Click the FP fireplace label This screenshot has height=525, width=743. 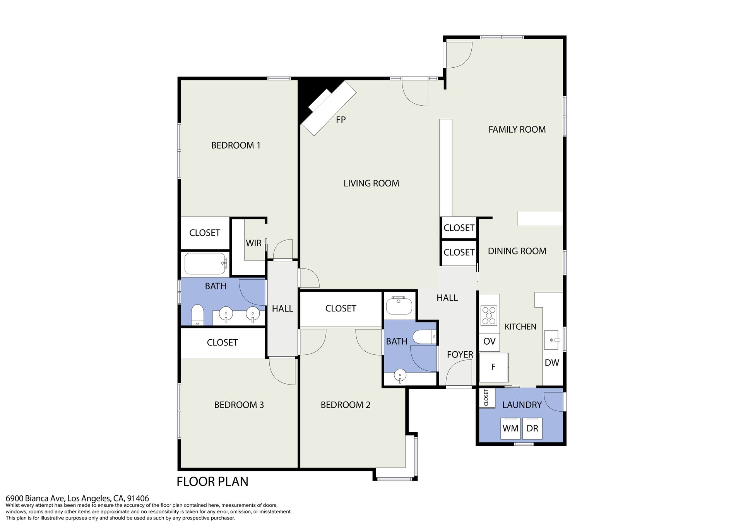(x=341, y=120)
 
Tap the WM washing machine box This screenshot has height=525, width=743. (x=510, y=428)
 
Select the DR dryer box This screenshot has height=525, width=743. (x=532, y=428)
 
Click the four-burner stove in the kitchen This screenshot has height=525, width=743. (x=489, y=315)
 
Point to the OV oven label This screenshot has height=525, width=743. (x=490, y=342)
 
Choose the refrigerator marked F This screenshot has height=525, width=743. (x=493, y=367)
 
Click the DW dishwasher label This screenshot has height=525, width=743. (x=552, y=363)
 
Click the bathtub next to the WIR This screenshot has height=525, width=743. (x=205, y=263)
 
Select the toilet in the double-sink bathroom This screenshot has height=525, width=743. (x=197, y=315)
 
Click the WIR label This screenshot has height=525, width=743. (x=253, y=243)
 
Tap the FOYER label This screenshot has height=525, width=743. (x=460, y=355)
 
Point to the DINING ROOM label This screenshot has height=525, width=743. (x=517, y=251)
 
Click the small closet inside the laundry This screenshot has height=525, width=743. (x=486, y=398)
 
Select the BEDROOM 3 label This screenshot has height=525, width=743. (x=239, y=405)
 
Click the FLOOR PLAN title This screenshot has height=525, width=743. (x=212, y=482)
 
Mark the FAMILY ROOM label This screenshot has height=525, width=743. (x=517, y=130)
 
